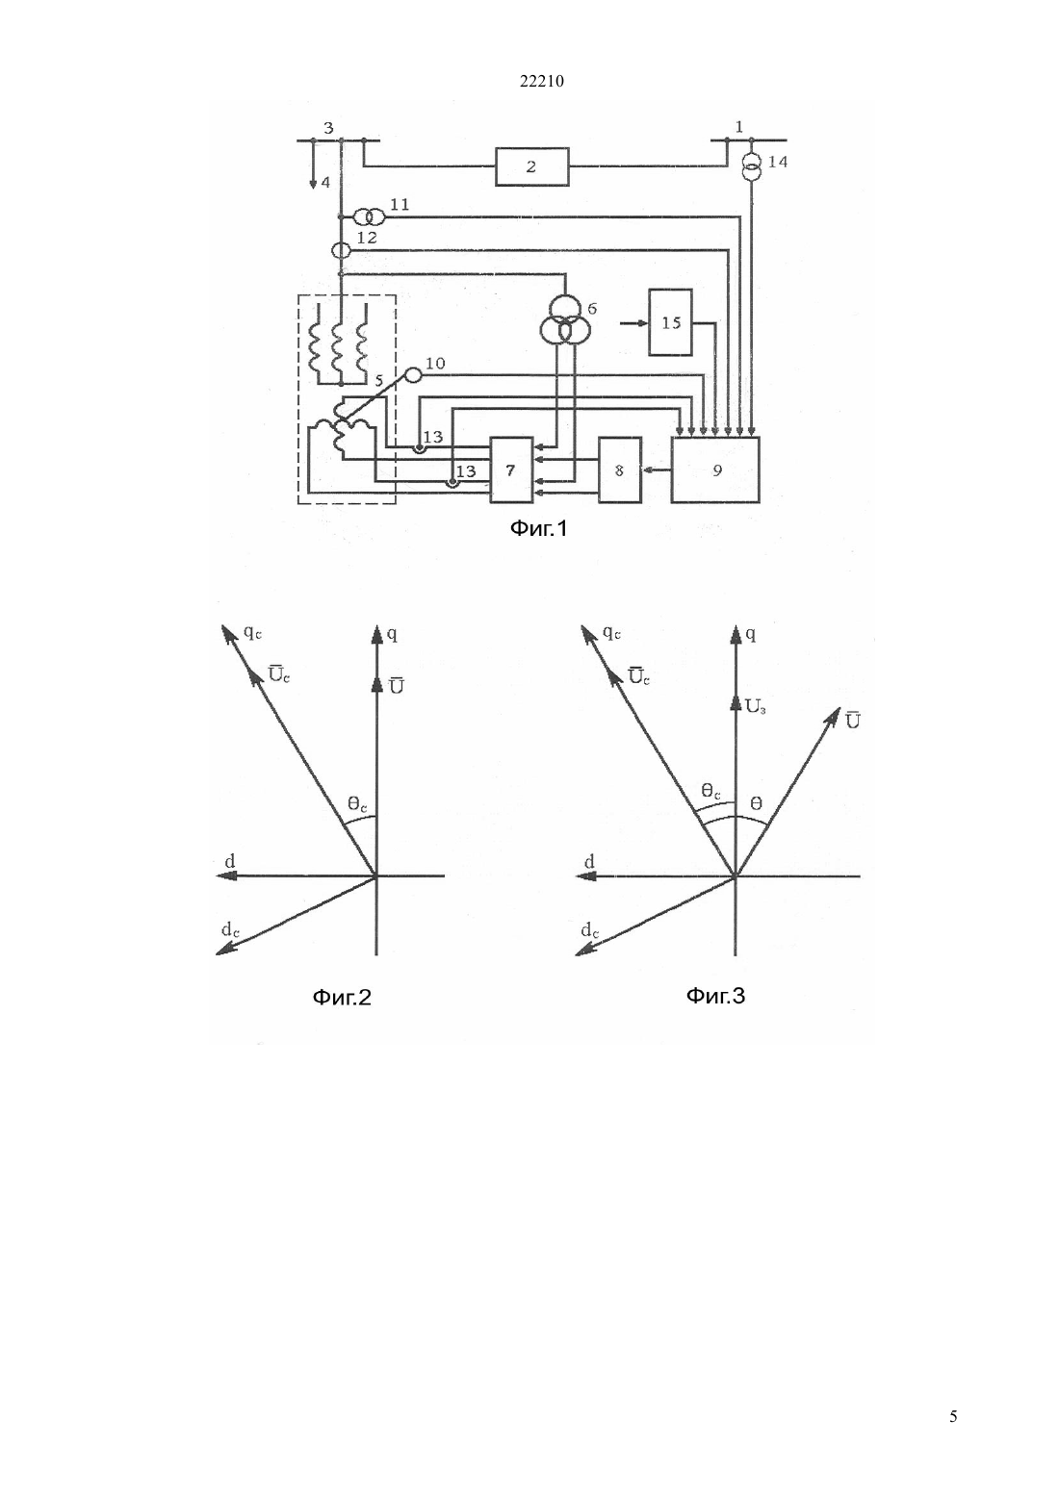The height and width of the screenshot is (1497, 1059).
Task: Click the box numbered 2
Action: pyautogui.click(x=531, y=166)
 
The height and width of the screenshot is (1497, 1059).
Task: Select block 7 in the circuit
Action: pyautogui.click(x=511, y=469)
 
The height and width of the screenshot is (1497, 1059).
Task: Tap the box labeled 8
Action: pyautogui.click(x=620, y=469)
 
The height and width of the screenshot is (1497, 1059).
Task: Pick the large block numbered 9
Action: pyautogui.click(x=715, y=469)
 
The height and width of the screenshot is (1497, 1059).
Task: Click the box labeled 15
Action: pyautogui.click(x=671, y=323)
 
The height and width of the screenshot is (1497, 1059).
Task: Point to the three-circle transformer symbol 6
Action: pyautogui.click(x=566, y=320)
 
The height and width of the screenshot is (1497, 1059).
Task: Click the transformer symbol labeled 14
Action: pyautogui.click(x=752, y=166)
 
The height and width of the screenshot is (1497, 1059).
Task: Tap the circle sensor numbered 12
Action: pyautogui.click(x=341, y=250)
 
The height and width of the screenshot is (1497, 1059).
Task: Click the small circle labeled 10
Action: pyautogui.click(x=415, y=375)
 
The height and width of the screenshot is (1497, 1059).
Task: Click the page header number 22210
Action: pyautogui.click(x=541, y=82)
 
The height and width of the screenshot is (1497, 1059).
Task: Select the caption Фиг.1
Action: pyautogui.click(x=539, y=528)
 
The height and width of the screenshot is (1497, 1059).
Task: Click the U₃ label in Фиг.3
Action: pyautogui.click(x=756, y=706)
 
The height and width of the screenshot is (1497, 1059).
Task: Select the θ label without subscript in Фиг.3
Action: pyautogui.click(x=756, y=804)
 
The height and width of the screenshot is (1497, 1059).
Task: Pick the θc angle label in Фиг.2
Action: pyautogui.click(x=357, y=804)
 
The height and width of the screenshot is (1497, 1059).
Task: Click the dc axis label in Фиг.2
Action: pyautogui.click(x=231, y=929)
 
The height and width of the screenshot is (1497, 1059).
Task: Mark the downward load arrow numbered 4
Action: pyautogui.click(x=313, y=165)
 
